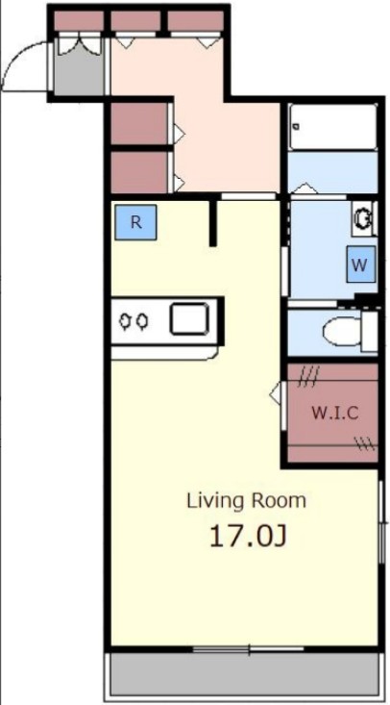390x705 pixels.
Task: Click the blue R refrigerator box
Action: pos(135,222)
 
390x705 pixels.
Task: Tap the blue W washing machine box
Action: pos(360,264)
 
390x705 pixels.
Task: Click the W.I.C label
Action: pos(335,413)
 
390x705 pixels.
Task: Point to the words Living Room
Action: pos(247,500)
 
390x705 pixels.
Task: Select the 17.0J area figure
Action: pos(248,536)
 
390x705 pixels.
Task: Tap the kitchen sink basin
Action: pos(189,318)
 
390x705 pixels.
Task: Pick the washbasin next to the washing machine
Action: pos(363,218)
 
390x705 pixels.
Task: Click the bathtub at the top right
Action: pos(333,126)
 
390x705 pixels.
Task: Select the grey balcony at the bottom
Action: pos(245,674)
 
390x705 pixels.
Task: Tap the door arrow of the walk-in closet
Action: pos(276,394)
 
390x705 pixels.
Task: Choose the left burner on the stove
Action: pos(125,320)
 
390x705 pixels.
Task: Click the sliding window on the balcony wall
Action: pos(249,649)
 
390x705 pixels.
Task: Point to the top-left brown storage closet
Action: pos(79,21)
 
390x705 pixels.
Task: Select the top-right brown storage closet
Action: pos(195,21)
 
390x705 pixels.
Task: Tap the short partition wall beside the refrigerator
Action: pos(213,222)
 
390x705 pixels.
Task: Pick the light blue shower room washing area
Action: pos(333,172)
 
